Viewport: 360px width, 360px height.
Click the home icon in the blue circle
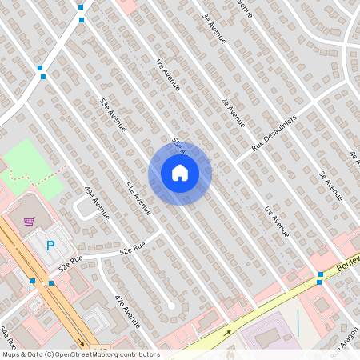coord(180,173)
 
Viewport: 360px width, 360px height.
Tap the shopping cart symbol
coord(30,222)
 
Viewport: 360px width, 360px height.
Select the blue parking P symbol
coord(51,246)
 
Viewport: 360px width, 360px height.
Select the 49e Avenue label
coord(96,204)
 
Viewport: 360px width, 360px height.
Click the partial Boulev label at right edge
coord(347,262)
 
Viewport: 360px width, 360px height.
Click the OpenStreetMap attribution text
coord(80,354)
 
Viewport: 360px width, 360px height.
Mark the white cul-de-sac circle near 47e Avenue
coord(170,306)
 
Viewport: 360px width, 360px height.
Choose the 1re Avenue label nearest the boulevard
coord(276,220)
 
